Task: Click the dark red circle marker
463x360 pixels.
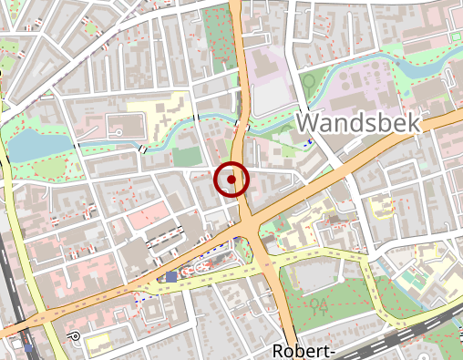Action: tap(232, 180)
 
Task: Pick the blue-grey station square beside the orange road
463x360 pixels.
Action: tap(171, 276)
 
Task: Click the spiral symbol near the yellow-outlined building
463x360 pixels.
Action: tap(75, 336)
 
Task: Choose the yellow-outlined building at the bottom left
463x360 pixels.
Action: tap(98, 341)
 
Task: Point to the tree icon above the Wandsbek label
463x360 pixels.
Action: tap(309, 80)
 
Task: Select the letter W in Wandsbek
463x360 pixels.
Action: tap(311, 122)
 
